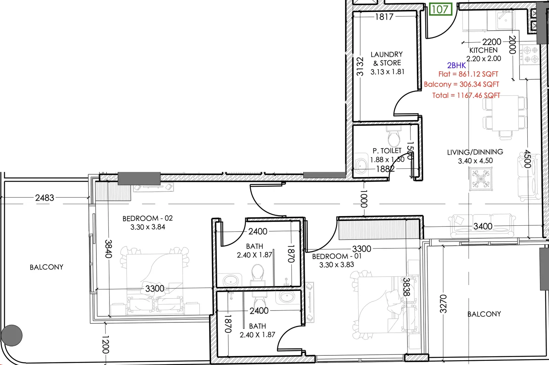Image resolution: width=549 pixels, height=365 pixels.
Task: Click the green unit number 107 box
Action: [x=441, y=9]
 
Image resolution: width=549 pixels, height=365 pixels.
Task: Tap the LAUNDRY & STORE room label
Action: [x=386, y=59]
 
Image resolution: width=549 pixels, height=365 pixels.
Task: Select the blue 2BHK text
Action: [x=456, y=66]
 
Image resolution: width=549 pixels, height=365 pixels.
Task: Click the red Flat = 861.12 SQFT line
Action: [x=468, y=74]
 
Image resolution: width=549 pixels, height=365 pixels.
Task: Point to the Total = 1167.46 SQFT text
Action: [x=466, y=95]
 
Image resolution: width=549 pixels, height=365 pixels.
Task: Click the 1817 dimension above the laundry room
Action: [x=384, y=17]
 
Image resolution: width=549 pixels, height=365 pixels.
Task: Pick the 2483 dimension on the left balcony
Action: [x=44, y=198]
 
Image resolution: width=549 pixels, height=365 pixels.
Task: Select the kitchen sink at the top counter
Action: [x=505, y=20]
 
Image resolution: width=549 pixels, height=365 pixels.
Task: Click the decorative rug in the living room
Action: [x=481, y=179]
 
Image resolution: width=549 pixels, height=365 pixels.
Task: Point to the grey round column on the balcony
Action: [x=12, y=335]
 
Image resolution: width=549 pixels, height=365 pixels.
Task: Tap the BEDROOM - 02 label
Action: [x=148, y=218]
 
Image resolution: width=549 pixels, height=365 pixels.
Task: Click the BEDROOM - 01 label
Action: [x=337, y=256]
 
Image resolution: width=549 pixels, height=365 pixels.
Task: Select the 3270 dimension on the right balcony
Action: [x=443, y=304]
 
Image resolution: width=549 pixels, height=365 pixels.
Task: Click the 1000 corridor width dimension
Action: [x=364, y=199]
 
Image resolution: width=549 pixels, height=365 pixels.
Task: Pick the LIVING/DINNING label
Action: [x=475, y=152]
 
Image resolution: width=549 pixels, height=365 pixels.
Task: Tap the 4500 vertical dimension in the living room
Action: [x=527, y=159]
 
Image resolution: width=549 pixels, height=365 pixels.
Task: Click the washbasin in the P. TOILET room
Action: [x=361, y=166]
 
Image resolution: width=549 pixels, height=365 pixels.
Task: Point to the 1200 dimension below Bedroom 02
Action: [x=105, y=345]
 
